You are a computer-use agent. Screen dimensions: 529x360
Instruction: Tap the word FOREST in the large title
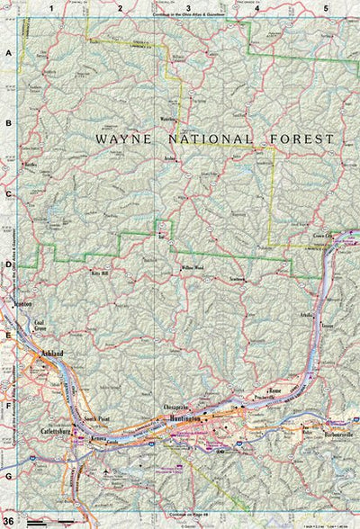pos(301,139)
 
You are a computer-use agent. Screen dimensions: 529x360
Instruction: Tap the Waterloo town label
pos(167,118)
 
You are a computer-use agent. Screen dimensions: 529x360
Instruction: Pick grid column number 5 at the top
pos(326,7)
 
